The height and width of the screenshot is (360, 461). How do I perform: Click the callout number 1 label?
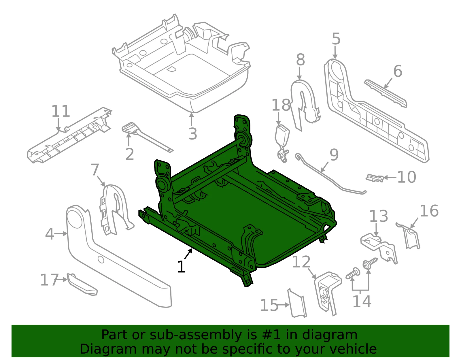pyautogui.click(x=181, y=267)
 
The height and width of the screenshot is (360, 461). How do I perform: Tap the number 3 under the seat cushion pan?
pyautogui.click(x=193, y=134)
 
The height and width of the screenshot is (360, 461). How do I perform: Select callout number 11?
pyautogui.click(x=61, y=111)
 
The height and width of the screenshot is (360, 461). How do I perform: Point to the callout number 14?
pyautogui.click(x=362, y=301)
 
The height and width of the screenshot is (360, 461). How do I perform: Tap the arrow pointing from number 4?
pyautogui.click(x=61, y=234)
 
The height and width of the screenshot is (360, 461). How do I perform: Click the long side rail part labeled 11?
pyautogui.click(x=70, y=135)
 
